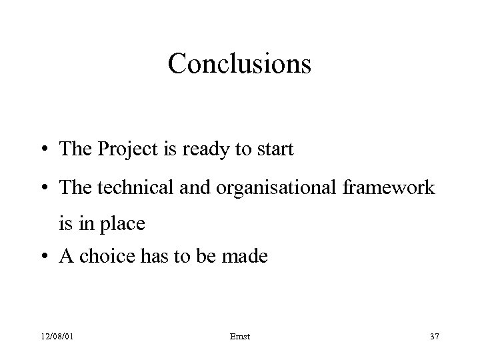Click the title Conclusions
click(239, 64)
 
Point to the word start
click(273, 150)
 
